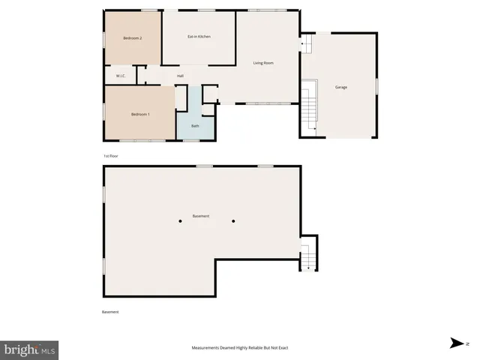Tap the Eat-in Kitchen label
(x=199, y=37)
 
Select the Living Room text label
(x=263, y=63)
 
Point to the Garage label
(x=341, y=88)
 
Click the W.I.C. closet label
(x=121, y=76)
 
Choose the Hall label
(x=180, y=76)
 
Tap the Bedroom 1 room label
(x=140, y=114)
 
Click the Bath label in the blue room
(x=195, y=126)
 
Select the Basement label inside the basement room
(x=201, y=216)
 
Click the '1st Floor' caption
(x=111, y=156)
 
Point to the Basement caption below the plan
(x=110, y=312)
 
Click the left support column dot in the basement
(x=180, y=221)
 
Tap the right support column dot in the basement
(x=234, y=221)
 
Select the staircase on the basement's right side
(x=308, y=255)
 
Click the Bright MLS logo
(x=30, y=349)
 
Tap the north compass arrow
(x=456, y=343)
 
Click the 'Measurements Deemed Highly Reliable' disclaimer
(x=240, y=348)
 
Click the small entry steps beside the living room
(x=305, y=45)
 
